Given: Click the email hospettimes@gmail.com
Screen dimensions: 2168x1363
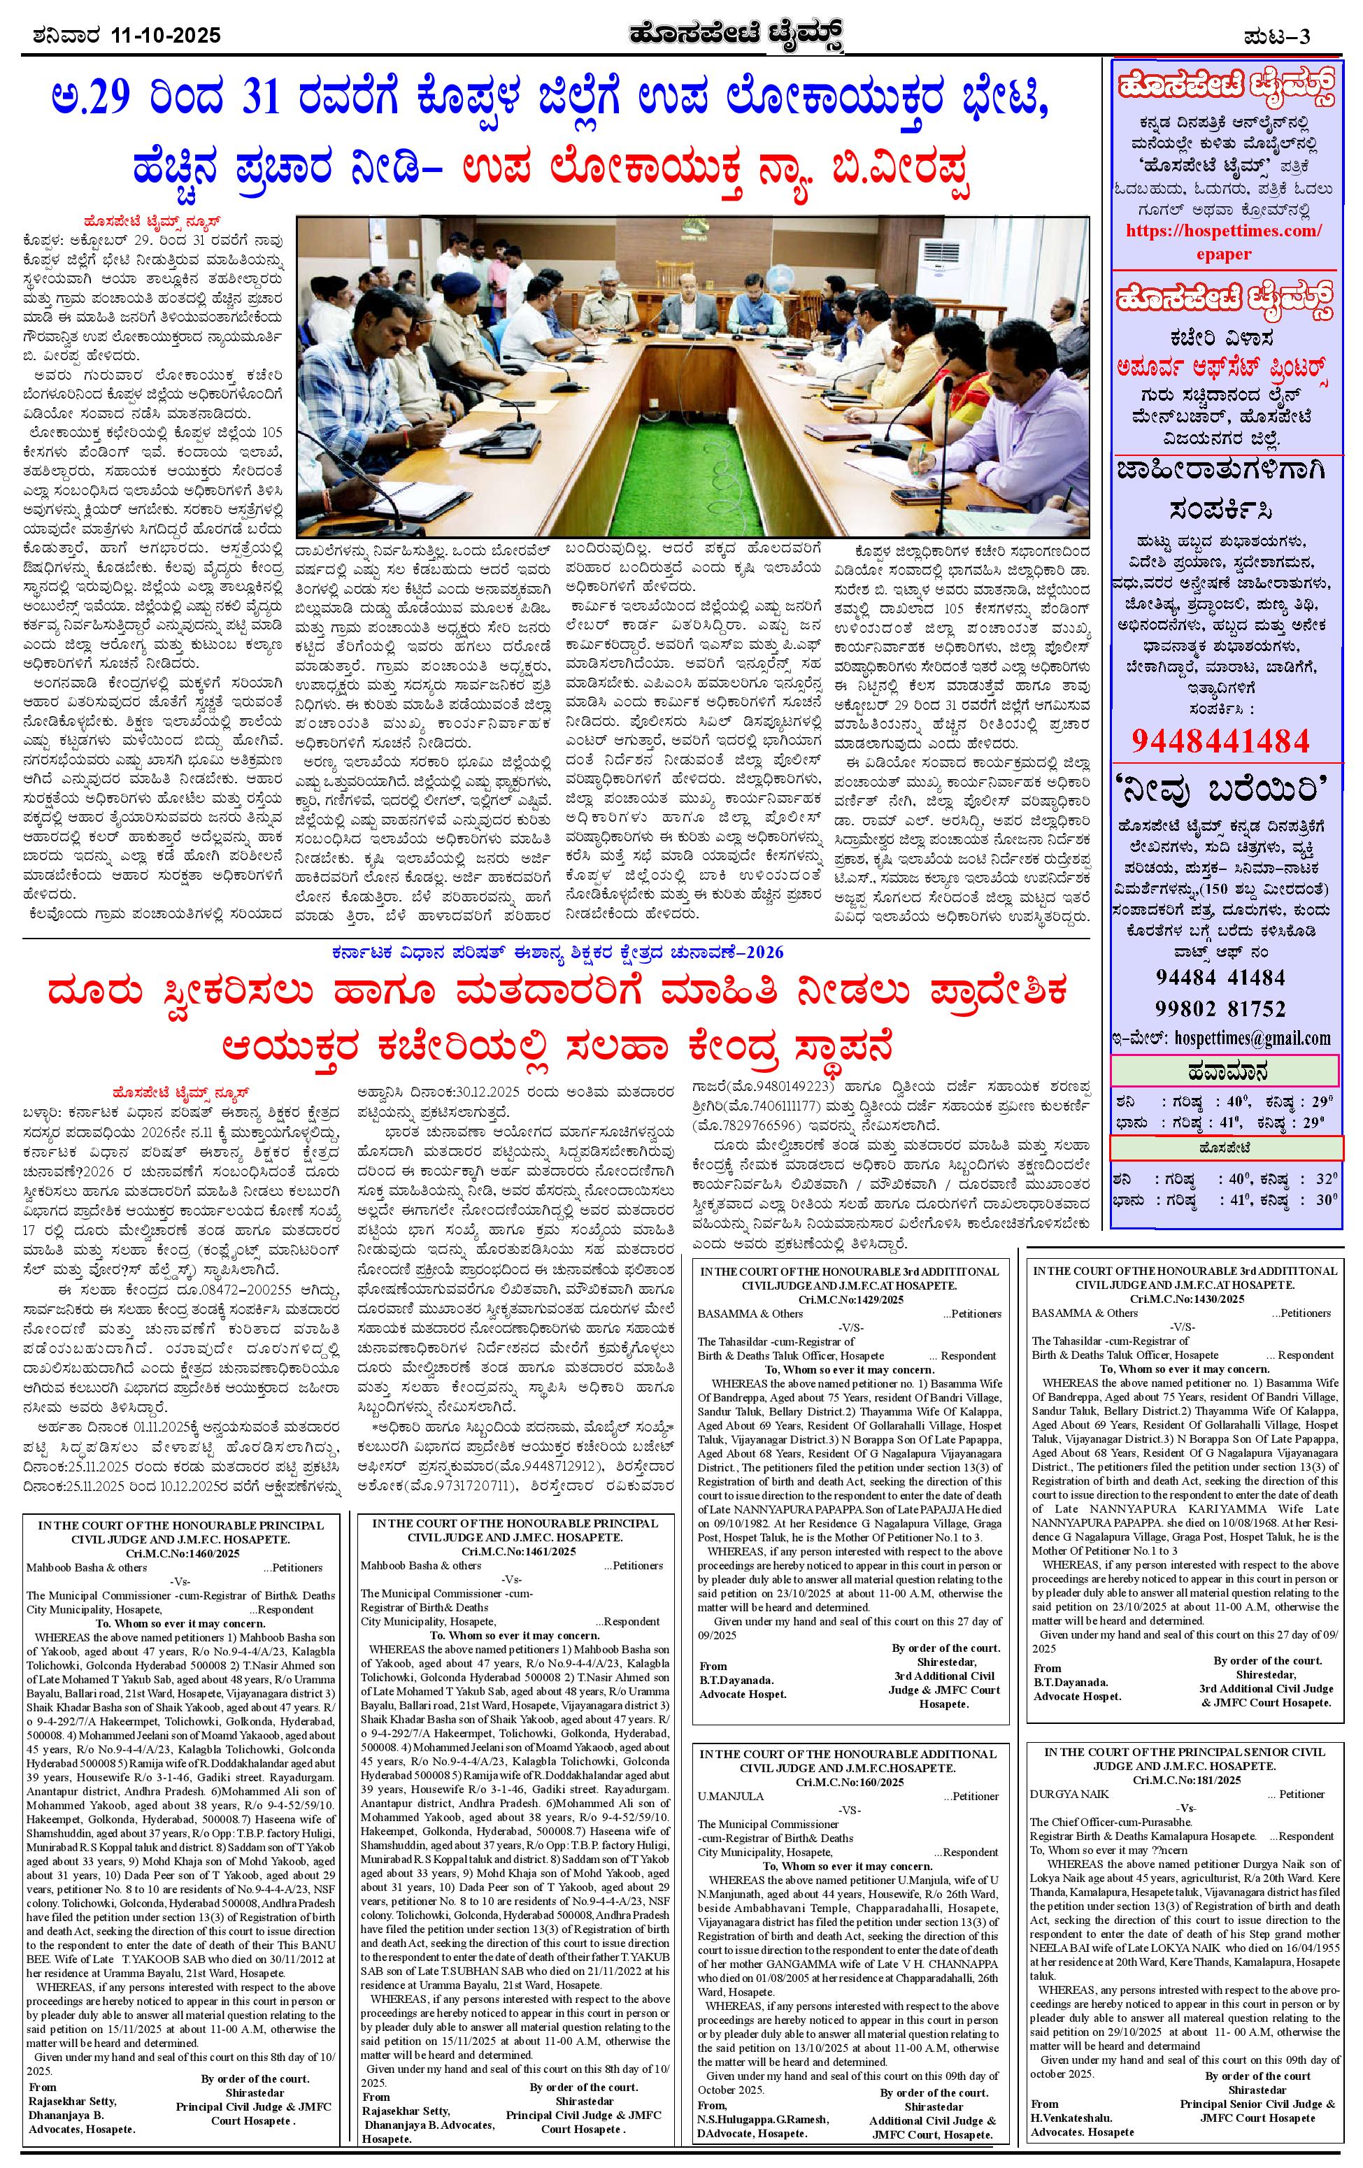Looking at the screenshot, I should pyautogui.click(x=1250, y=1037).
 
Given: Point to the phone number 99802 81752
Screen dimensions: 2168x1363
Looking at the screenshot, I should pyautogui.click(x=1222, y=1008).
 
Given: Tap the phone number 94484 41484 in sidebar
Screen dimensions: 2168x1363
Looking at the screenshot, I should pyautogui.click(x=1222, y=978).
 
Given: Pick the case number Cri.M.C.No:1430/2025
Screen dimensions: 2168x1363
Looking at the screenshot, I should pyautogui.click(x=1182, y=1300).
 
